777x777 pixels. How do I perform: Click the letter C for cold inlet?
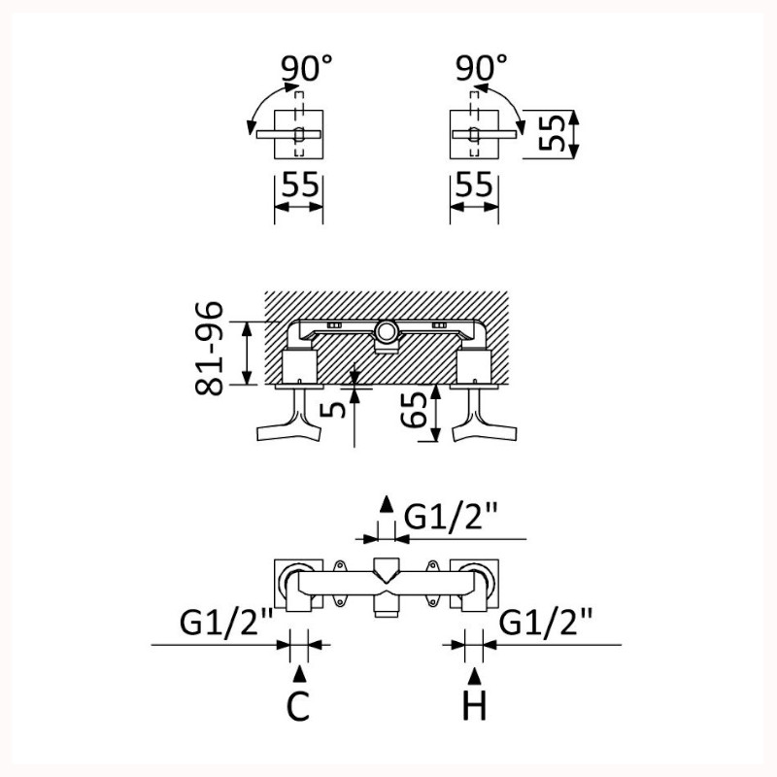299,707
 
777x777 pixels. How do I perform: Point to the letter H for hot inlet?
474,707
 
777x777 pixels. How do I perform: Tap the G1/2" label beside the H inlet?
546,620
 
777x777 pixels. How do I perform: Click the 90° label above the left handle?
307,70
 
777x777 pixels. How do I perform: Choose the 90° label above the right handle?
481,70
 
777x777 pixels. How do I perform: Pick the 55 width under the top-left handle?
299,186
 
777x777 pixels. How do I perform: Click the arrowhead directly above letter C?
299,673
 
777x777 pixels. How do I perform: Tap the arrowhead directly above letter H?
474,673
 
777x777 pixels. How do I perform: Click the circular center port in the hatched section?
387,334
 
